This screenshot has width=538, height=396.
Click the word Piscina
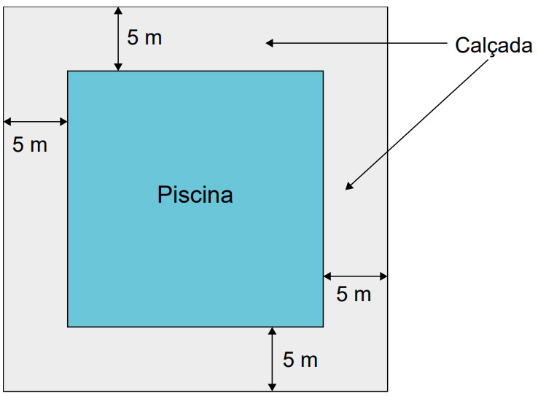pos(195,195)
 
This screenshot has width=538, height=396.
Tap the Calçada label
pos(494,45)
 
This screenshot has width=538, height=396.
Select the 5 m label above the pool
pos(144,37)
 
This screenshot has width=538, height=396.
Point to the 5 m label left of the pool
pos(30,144)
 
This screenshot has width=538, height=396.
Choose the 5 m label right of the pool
pos(354,294)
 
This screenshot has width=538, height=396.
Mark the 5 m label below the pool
pos(300,360)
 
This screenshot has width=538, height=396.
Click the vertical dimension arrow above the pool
pos(118,39)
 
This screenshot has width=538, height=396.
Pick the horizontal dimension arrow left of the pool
pos(35,122)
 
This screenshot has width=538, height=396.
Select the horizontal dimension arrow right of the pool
pos(356,276)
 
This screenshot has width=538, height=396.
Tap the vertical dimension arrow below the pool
pos(272,359)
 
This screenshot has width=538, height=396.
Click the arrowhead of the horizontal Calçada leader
pos(270,43)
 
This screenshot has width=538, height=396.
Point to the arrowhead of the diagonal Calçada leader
pos(348,187)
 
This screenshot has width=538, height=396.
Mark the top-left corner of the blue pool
pos(68,71)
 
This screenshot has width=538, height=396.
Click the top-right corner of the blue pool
pos(323,71)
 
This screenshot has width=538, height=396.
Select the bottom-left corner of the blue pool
pos(68,327)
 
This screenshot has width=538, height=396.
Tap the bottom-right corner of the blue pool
pos(323,327)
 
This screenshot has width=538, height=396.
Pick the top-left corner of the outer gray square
pos(4,7)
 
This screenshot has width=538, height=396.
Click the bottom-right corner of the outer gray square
pos(388,391)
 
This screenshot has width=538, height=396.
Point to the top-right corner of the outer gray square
pos(388,7)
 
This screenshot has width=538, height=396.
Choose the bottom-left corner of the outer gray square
pos(4,391)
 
